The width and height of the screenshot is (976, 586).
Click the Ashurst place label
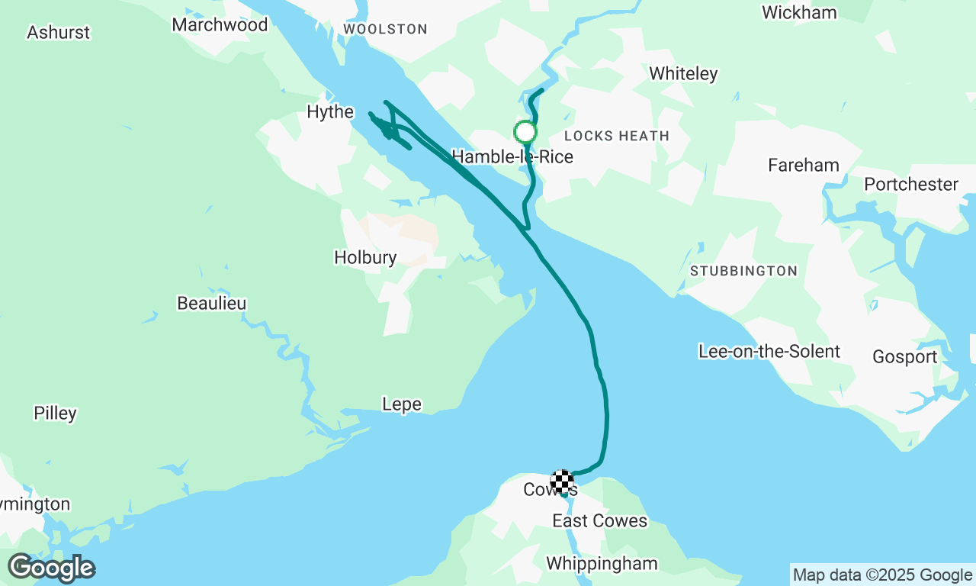point(58,33)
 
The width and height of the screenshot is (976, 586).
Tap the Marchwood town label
point(220,25)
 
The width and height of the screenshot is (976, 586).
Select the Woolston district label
point(385,29)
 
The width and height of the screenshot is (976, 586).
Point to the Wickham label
point(799,13)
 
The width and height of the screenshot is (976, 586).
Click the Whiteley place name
point(683,74)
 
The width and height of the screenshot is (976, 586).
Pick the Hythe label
point(330,112)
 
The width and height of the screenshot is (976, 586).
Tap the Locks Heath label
point(617,136)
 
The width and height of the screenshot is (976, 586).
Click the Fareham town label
point(804,166)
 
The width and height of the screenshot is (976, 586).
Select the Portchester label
point(911,185)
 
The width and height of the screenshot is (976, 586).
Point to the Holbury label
point(365,258)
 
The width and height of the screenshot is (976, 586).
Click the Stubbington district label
point(743,271)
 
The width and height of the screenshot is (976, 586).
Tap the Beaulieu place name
point(212,304)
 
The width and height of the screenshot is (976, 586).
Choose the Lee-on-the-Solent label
point(769,352)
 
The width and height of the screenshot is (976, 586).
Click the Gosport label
point(905,357)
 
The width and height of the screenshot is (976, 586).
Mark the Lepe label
point(402,404)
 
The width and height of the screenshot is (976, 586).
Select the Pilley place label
point(55,414)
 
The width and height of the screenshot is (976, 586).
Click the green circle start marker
point(525,133)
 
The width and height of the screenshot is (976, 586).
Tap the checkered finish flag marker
point(562,481)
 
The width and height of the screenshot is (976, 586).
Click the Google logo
point(52,568)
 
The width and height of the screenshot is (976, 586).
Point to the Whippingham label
point(602,564)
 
